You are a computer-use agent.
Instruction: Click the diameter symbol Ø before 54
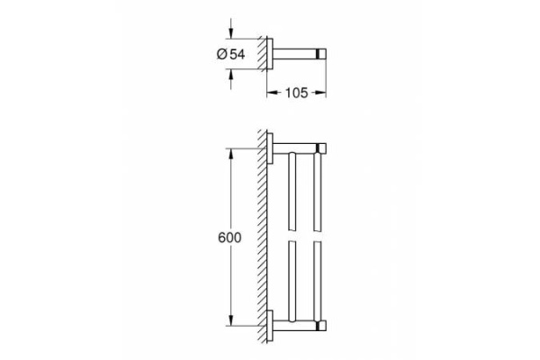coord(222,55)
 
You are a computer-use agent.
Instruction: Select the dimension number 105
coord(296,92)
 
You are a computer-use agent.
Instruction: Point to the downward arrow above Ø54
coord(232,31)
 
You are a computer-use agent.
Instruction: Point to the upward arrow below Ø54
coord(232,76)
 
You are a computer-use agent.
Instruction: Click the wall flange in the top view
coord(271,53)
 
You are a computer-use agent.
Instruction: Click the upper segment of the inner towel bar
coord(291,189)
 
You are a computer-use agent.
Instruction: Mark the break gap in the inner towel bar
coord(291,236)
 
